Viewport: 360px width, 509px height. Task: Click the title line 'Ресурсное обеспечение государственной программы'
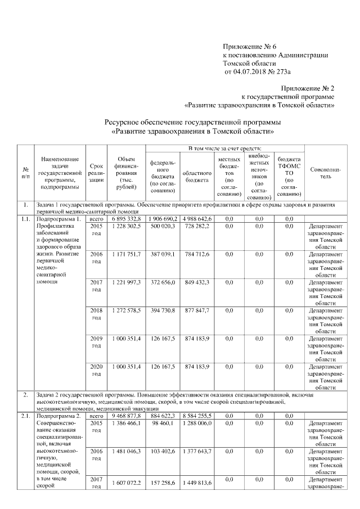pyautogui.click(x=193, y=122)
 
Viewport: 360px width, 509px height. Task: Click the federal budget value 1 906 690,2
pyautogui.click(x=163, y=218)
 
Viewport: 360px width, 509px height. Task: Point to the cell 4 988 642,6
pyautogui.click(x=196, y=218)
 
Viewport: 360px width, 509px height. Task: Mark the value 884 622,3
pyautogui.click(x=163, y=415)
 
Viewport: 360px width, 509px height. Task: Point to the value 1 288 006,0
pyautogui.click(x=196, y=423)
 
